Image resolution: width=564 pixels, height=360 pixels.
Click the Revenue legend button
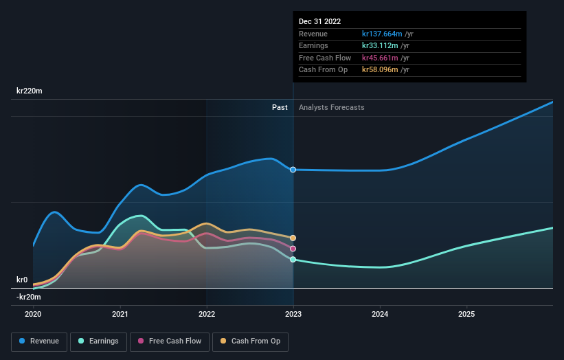(40, 341)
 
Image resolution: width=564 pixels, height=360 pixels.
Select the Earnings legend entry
(98, 341)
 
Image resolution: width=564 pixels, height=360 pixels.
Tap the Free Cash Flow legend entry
(168, 341)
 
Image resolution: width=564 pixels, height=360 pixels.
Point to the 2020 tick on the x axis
(33, 314)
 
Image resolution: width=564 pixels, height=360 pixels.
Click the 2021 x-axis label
(120, 314)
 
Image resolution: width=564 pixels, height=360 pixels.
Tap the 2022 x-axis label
(207, 314)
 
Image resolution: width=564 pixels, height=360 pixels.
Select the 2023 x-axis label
(293, 314)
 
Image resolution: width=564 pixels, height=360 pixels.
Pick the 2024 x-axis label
(380, 314)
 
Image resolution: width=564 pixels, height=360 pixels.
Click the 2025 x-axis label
(466, 314)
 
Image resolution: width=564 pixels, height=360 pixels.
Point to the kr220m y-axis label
(30, 91)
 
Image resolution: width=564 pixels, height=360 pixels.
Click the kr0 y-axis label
(22, 280)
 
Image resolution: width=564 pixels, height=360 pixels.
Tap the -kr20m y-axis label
(29, 297)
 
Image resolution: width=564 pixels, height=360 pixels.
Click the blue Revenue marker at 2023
(293, 170)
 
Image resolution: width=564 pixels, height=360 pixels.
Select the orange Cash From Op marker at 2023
(293, 238)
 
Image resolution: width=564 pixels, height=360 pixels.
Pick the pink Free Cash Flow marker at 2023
(293, 249)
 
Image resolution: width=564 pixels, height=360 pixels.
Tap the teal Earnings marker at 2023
(293, 260)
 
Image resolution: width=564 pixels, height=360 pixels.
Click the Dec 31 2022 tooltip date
(319, 22)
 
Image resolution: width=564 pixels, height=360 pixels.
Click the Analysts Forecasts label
(331, 108)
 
